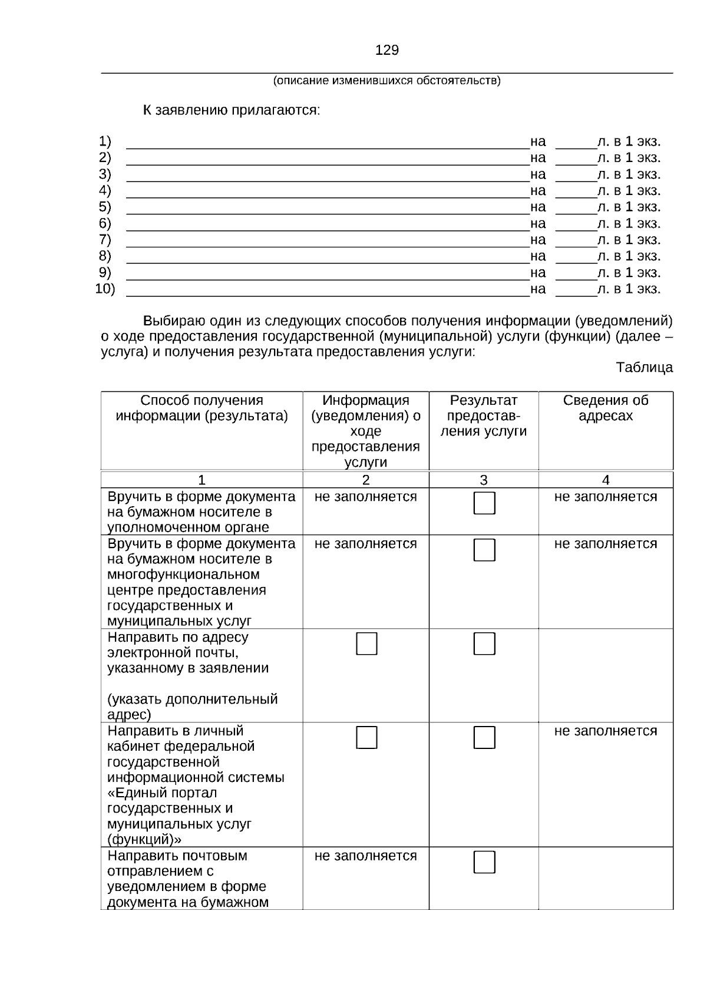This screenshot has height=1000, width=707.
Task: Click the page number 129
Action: [386, 50]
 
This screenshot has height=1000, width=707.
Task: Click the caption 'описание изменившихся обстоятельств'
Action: [386, 81]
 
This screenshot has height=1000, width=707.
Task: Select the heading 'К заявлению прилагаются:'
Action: [232, 110]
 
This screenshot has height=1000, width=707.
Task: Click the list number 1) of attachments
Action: [105, 141]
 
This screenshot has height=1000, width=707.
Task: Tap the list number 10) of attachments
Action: [105, 289]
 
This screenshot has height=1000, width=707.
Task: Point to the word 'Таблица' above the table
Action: [644, 368]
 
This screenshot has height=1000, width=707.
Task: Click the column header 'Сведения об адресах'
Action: [606, 408]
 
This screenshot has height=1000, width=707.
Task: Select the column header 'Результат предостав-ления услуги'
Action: [483, 415]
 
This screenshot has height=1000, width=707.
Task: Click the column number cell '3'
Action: [483, 480]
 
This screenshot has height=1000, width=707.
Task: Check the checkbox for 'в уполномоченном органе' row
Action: [484, 503]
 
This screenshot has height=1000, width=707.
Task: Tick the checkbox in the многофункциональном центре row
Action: [484, 550]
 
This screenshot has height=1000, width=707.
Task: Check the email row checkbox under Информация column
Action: [366, 643]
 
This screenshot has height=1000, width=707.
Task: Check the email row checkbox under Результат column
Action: [484, 643]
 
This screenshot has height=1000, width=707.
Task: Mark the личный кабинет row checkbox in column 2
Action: [366, 737]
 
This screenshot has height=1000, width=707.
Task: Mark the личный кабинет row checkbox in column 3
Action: [484, 737]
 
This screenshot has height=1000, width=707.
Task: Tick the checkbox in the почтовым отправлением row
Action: [484, 862]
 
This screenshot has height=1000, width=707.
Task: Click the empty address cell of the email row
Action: [606, 675]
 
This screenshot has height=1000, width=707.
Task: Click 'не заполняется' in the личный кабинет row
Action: [606, 731]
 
